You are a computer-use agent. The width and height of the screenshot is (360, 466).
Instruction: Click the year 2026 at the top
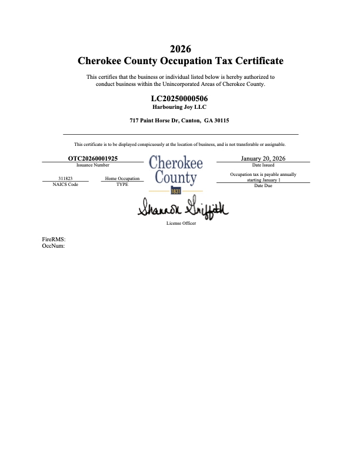pos(180,48)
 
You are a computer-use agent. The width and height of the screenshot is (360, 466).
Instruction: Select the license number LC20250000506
pos(179,98)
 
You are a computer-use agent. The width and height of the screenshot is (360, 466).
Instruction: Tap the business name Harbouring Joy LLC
pos(179,106)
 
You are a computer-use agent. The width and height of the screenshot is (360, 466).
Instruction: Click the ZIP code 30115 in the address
pos(221,121)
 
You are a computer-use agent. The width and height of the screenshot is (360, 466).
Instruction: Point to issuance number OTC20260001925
pos(93,158)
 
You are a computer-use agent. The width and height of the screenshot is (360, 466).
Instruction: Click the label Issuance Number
pos(93,165)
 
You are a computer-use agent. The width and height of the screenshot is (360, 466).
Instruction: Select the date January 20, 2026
pos(263,158)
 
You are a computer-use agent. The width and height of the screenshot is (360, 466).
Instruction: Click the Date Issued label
pos(263,165)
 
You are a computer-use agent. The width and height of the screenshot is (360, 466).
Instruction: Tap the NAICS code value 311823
pos(65,178)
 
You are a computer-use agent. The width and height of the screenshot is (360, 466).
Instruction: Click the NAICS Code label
pos(65,185)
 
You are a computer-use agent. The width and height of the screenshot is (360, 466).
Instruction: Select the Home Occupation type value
pos(122,178)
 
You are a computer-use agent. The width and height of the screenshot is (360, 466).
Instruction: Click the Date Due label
pos(263,186)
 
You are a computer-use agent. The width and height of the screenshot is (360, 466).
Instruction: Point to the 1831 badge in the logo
pos(176,192)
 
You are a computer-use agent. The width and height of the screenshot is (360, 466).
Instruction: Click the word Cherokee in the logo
pos(176,162)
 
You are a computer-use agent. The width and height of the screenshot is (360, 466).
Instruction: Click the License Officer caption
pos(181,224)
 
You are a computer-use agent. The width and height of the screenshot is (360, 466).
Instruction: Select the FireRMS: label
pos(54,240)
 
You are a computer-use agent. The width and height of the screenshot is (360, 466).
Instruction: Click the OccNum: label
pos(54,247)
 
